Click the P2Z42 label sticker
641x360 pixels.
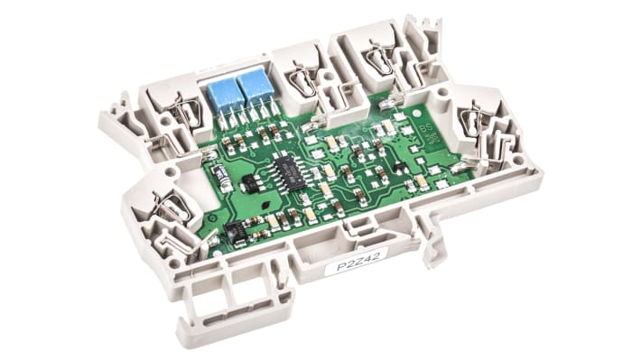[x=358, y=262]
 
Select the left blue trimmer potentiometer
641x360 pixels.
[x=223, y=97]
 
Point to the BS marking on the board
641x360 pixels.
[x=425, y=130]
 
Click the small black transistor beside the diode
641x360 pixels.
[x=249, y=182]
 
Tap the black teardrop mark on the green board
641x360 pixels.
[x=266, y=205]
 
